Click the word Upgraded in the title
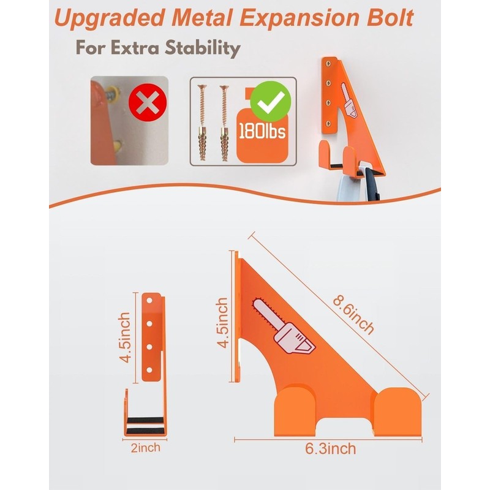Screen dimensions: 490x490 pos(110,19)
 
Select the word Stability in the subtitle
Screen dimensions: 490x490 pos(203,48)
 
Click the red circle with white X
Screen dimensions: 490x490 pos(148,102)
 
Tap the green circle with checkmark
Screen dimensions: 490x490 pos(271,101)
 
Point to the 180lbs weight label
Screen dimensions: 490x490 pos(262,130)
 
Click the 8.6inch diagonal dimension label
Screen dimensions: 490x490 pos(353,315)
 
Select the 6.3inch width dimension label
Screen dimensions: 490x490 pos(330,449)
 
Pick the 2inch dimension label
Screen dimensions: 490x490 pos(145,448)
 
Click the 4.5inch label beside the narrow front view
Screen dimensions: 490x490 pos(125,337)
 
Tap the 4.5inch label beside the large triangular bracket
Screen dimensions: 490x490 pos(223,323)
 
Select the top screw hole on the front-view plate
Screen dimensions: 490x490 pos(149,301)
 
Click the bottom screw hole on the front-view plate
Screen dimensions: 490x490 pos(149,371)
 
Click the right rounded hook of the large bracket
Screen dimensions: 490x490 pos(398,412)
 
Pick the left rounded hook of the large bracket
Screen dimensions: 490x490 pos(296,410)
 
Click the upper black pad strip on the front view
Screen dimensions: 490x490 pos(145,420)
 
